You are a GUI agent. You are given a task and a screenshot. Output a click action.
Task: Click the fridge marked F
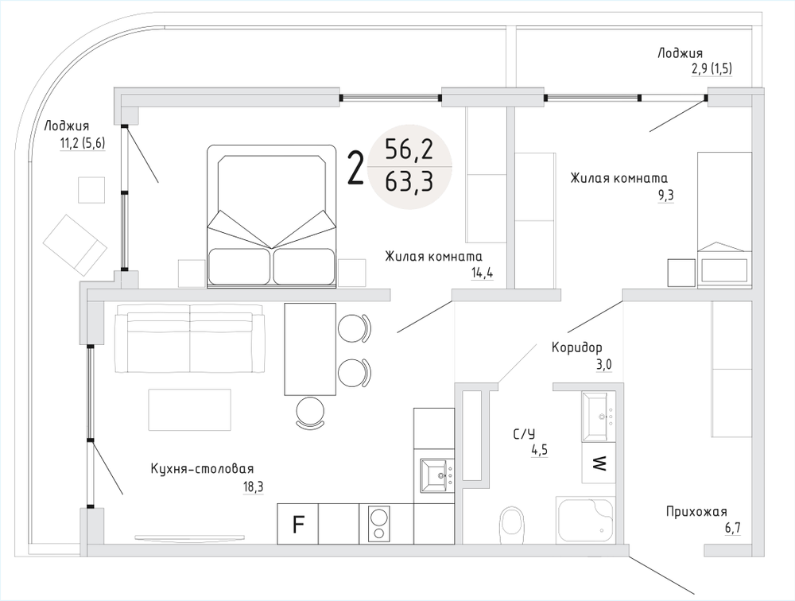click(x=298, y=524)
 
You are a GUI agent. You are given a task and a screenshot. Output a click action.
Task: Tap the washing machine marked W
click(x=599, y=462)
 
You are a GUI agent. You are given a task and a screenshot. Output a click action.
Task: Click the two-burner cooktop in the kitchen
click(x=379, y=524)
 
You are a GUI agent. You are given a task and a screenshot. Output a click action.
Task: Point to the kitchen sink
click(x=436, y=477)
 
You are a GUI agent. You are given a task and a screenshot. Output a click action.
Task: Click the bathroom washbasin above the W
click(x=598, y=416)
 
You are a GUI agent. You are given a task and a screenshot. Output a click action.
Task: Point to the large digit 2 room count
click(x=357, y=168)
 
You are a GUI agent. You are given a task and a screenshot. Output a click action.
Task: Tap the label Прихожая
click(x=696, y=512)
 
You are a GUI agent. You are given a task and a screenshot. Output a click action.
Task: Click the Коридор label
click(x=577, y=347)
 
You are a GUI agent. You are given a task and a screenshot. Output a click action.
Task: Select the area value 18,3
click(x=253, y=487)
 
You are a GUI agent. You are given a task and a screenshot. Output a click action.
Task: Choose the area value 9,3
click(x=665, y=194)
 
